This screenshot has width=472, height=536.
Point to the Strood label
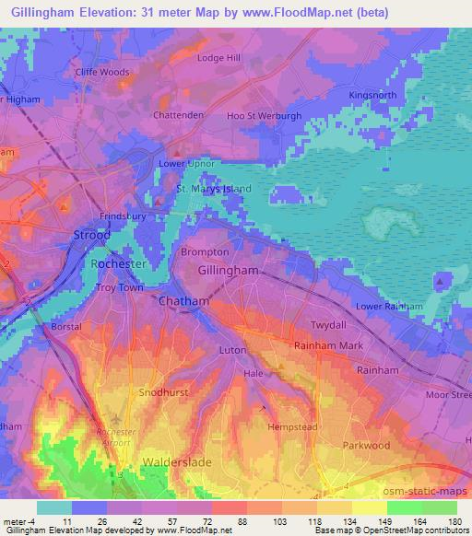pos(91,236)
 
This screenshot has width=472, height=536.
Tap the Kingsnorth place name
pos(373,95)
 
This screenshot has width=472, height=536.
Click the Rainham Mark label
pos(324,344)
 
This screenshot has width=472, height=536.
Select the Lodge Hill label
pos(218,58)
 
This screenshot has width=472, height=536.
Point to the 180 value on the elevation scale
pos(457,520)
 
